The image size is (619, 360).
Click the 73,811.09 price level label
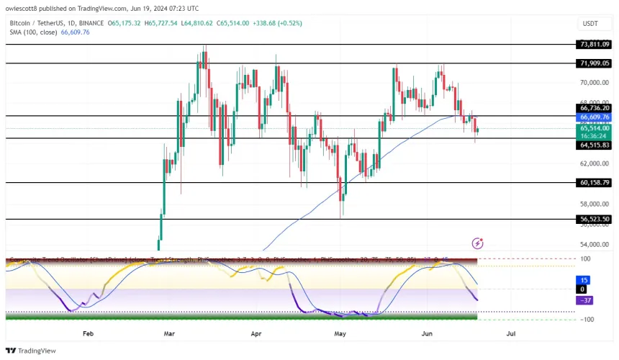coord(594,44)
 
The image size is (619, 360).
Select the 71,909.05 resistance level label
coord(594,63)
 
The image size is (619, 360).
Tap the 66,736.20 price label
coord(594,108)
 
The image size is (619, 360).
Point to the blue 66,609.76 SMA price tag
coord(594,117)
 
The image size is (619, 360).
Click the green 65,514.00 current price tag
coord(594,127)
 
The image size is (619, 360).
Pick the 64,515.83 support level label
coord(594,145)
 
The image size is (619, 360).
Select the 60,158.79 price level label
coord(594,183)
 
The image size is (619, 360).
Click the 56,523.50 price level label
coord(594,219)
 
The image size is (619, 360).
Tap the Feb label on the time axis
coord(89,334)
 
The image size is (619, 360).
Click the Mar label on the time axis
coord(170,334)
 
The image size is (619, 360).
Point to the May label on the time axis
coord(341,334)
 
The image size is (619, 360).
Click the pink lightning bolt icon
coord(476,243)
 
